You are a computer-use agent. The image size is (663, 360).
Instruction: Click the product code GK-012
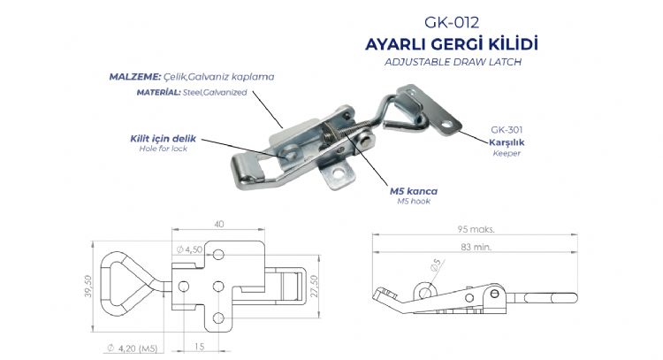452,22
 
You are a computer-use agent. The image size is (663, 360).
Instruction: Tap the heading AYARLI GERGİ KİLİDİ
451,44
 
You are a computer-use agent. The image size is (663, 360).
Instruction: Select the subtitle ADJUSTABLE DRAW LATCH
453,62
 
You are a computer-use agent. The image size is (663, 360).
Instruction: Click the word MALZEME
135,77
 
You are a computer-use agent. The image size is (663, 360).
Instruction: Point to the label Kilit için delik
164,138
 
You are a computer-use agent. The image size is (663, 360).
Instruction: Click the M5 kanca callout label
414,191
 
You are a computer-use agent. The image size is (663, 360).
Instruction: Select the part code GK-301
507,130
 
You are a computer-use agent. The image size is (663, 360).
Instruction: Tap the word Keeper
507,153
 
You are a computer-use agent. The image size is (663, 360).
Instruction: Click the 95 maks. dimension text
476,229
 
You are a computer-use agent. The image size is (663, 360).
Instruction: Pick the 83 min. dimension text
476,247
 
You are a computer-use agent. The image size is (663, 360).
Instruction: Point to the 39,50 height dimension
88,286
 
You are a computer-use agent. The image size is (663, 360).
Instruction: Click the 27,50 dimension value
314,286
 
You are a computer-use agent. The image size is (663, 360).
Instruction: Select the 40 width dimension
219,224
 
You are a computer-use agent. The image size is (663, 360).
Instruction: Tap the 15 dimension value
199,347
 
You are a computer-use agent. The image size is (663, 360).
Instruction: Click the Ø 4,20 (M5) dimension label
132,349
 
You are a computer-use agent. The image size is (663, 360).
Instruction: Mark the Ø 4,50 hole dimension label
189,249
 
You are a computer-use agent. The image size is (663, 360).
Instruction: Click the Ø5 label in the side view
435,264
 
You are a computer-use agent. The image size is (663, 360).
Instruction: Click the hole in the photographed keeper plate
446,124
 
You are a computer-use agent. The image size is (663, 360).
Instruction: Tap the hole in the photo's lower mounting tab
339,173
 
